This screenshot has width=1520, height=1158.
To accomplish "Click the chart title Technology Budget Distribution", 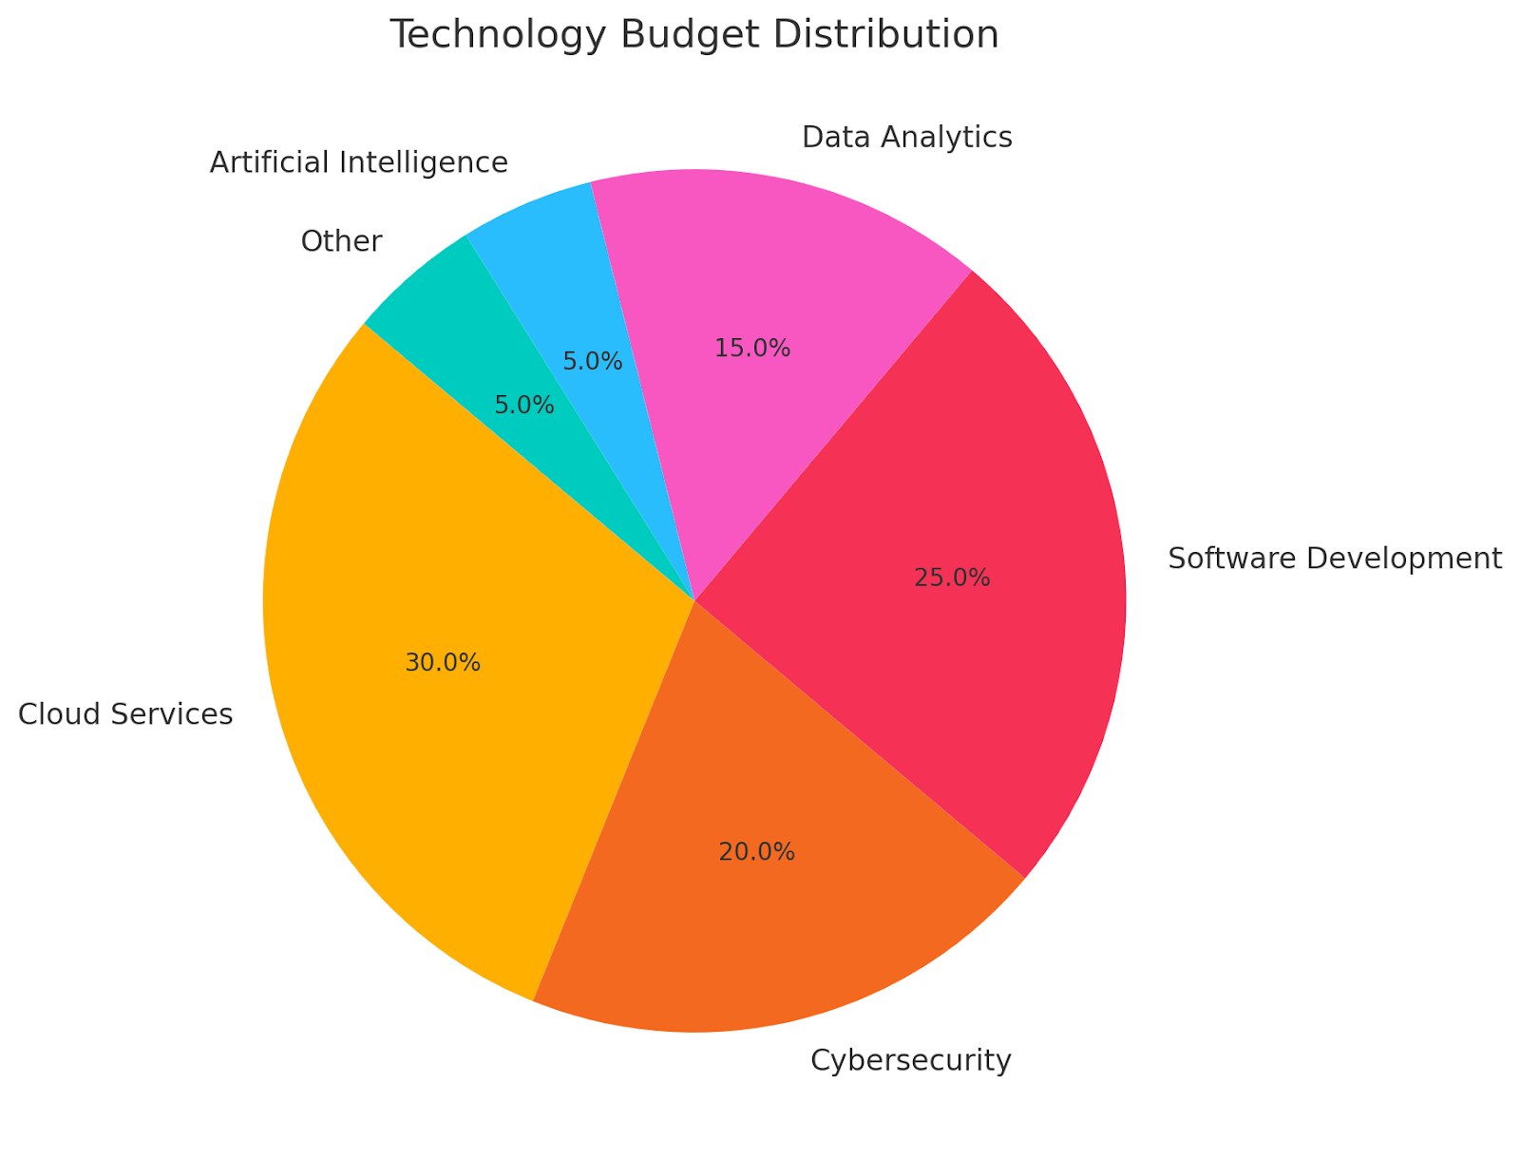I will (694, 35).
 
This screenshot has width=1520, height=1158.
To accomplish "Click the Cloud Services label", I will (125, 713).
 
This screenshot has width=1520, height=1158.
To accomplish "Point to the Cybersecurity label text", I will (911, 1059).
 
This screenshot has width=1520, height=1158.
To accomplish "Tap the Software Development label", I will (1335, 558).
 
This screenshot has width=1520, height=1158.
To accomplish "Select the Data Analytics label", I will (907, 137).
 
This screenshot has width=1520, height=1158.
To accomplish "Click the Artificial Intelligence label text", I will (359, 162).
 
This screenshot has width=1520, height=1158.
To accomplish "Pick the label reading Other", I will (341, 241).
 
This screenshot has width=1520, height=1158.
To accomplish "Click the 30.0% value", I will (443, 663).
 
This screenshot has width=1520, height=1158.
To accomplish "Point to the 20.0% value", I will (756, 852).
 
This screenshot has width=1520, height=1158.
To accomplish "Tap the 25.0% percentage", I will (952, 578).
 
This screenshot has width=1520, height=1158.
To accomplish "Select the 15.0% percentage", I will (752, 349).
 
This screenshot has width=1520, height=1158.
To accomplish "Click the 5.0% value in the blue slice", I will (593, 361).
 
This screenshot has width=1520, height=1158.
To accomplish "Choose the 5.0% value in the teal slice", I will (524, 406).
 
